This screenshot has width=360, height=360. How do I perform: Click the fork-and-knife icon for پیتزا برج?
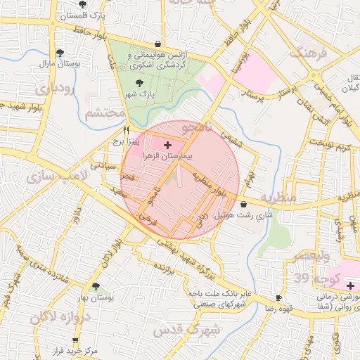pos(127,130)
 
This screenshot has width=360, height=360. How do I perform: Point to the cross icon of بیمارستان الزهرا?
pos(167,145)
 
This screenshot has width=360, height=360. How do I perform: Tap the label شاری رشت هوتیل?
pos(231,212)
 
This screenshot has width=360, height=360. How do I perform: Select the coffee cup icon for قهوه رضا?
pos(279,297)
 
